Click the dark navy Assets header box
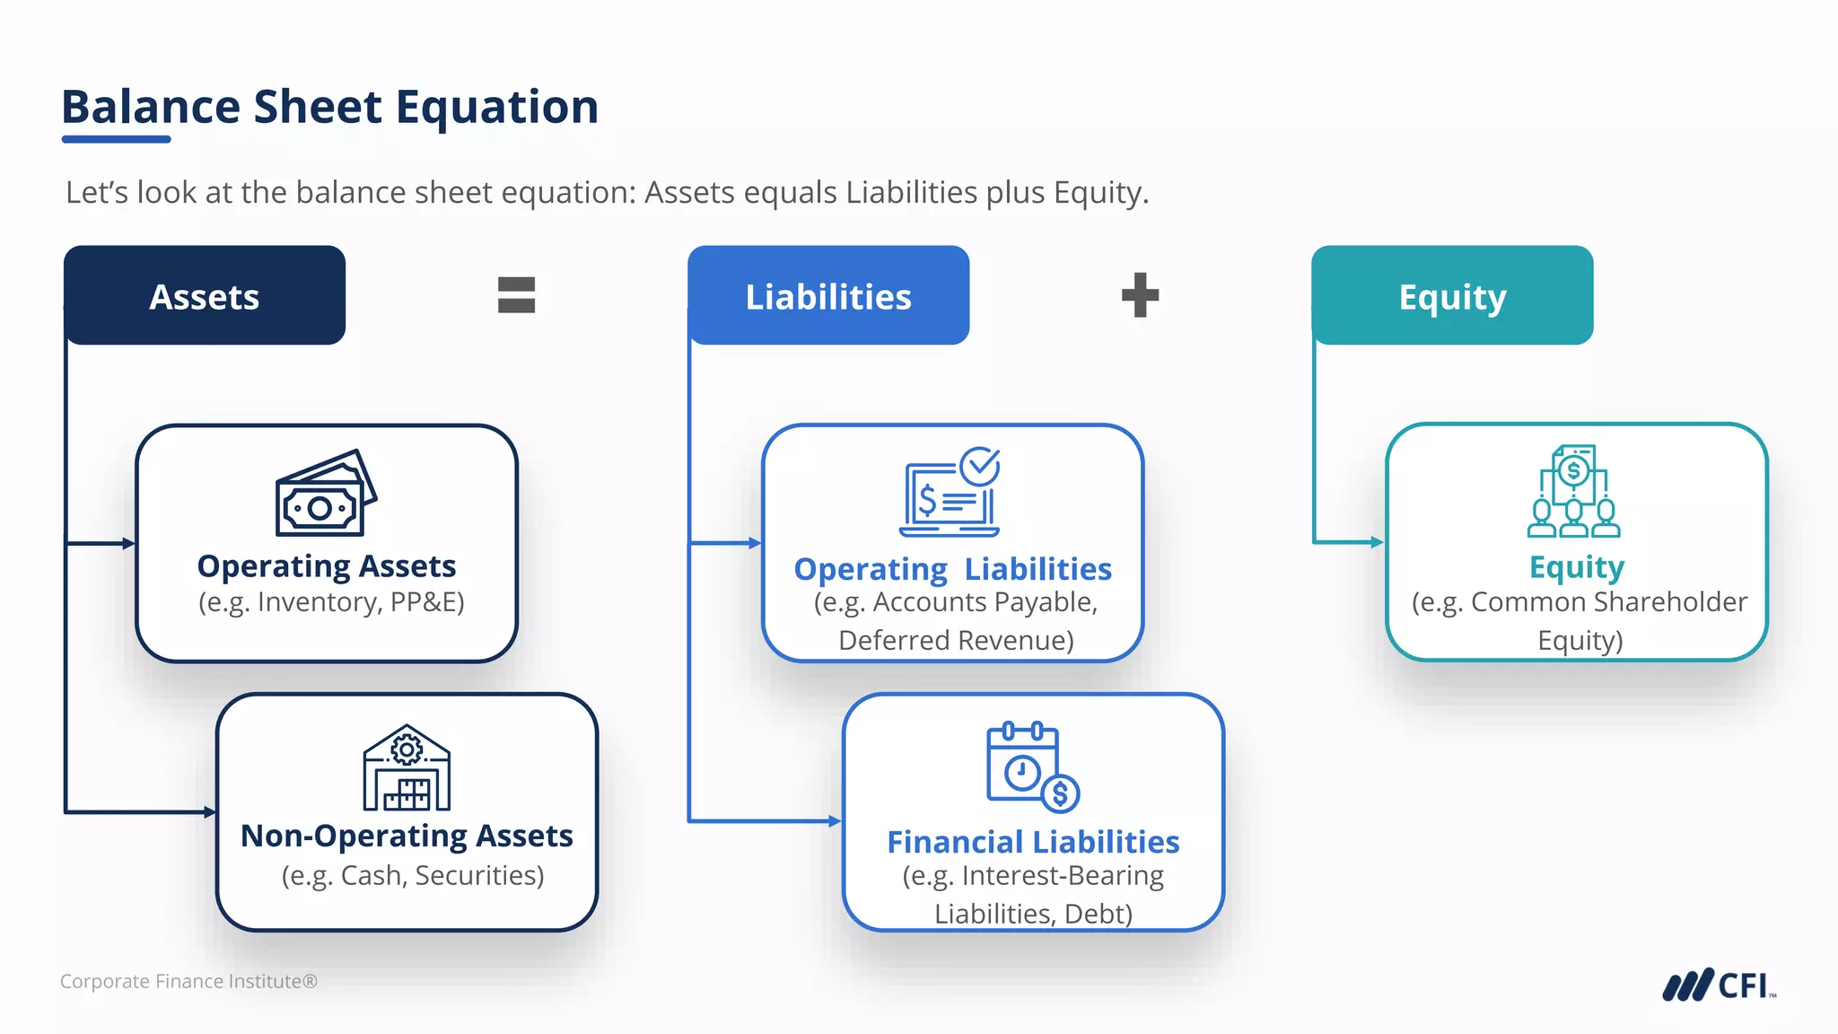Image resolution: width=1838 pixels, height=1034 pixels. (205, 295)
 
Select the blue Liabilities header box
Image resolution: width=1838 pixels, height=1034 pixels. (828, 295)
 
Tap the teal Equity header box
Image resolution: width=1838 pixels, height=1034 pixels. (1452, 295)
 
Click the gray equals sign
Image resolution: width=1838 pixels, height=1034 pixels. (516, 295)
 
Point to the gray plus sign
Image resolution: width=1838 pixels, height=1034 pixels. (1140, 295)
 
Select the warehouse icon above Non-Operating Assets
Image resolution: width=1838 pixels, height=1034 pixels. (407, 768)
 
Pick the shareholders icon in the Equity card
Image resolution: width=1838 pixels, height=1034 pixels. (1574, 492)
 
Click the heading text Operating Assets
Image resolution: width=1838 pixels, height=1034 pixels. (327, 566)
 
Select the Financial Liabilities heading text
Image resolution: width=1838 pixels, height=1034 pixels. (1033, 842)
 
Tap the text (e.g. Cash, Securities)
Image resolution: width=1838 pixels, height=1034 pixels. (413, 875)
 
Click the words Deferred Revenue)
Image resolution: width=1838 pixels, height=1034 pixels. (956, 640)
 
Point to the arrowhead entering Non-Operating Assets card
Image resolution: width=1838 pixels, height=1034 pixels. (210, 812)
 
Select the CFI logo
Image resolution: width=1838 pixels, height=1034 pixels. (1718, 986)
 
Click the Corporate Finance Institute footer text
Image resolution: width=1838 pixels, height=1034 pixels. (188, 981)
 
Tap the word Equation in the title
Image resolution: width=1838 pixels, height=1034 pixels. (496, 107)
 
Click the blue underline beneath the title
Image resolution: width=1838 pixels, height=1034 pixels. (116, 139)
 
